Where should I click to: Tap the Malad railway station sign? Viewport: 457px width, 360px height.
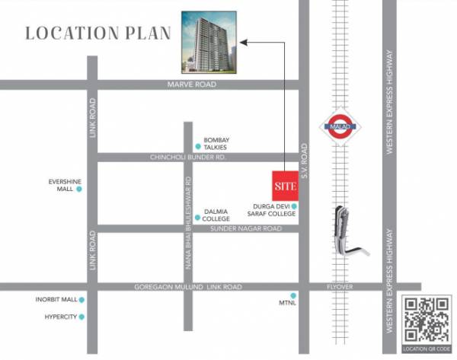[x=340, y=126]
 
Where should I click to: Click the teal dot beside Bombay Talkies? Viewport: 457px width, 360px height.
[x=197, y=144]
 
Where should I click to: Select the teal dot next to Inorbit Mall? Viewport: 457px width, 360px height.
[x=81, y=300]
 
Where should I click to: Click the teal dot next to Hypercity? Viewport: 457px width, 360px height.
[x=81, y=316]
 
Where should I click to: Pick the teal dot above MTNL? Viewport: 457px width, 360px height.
[x=292, y=295]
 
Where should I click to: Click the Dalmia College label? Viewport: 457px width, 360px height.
[x=216, y=215]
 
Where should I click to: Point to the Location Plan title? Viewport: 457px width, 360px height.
[x=98, y=33]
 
